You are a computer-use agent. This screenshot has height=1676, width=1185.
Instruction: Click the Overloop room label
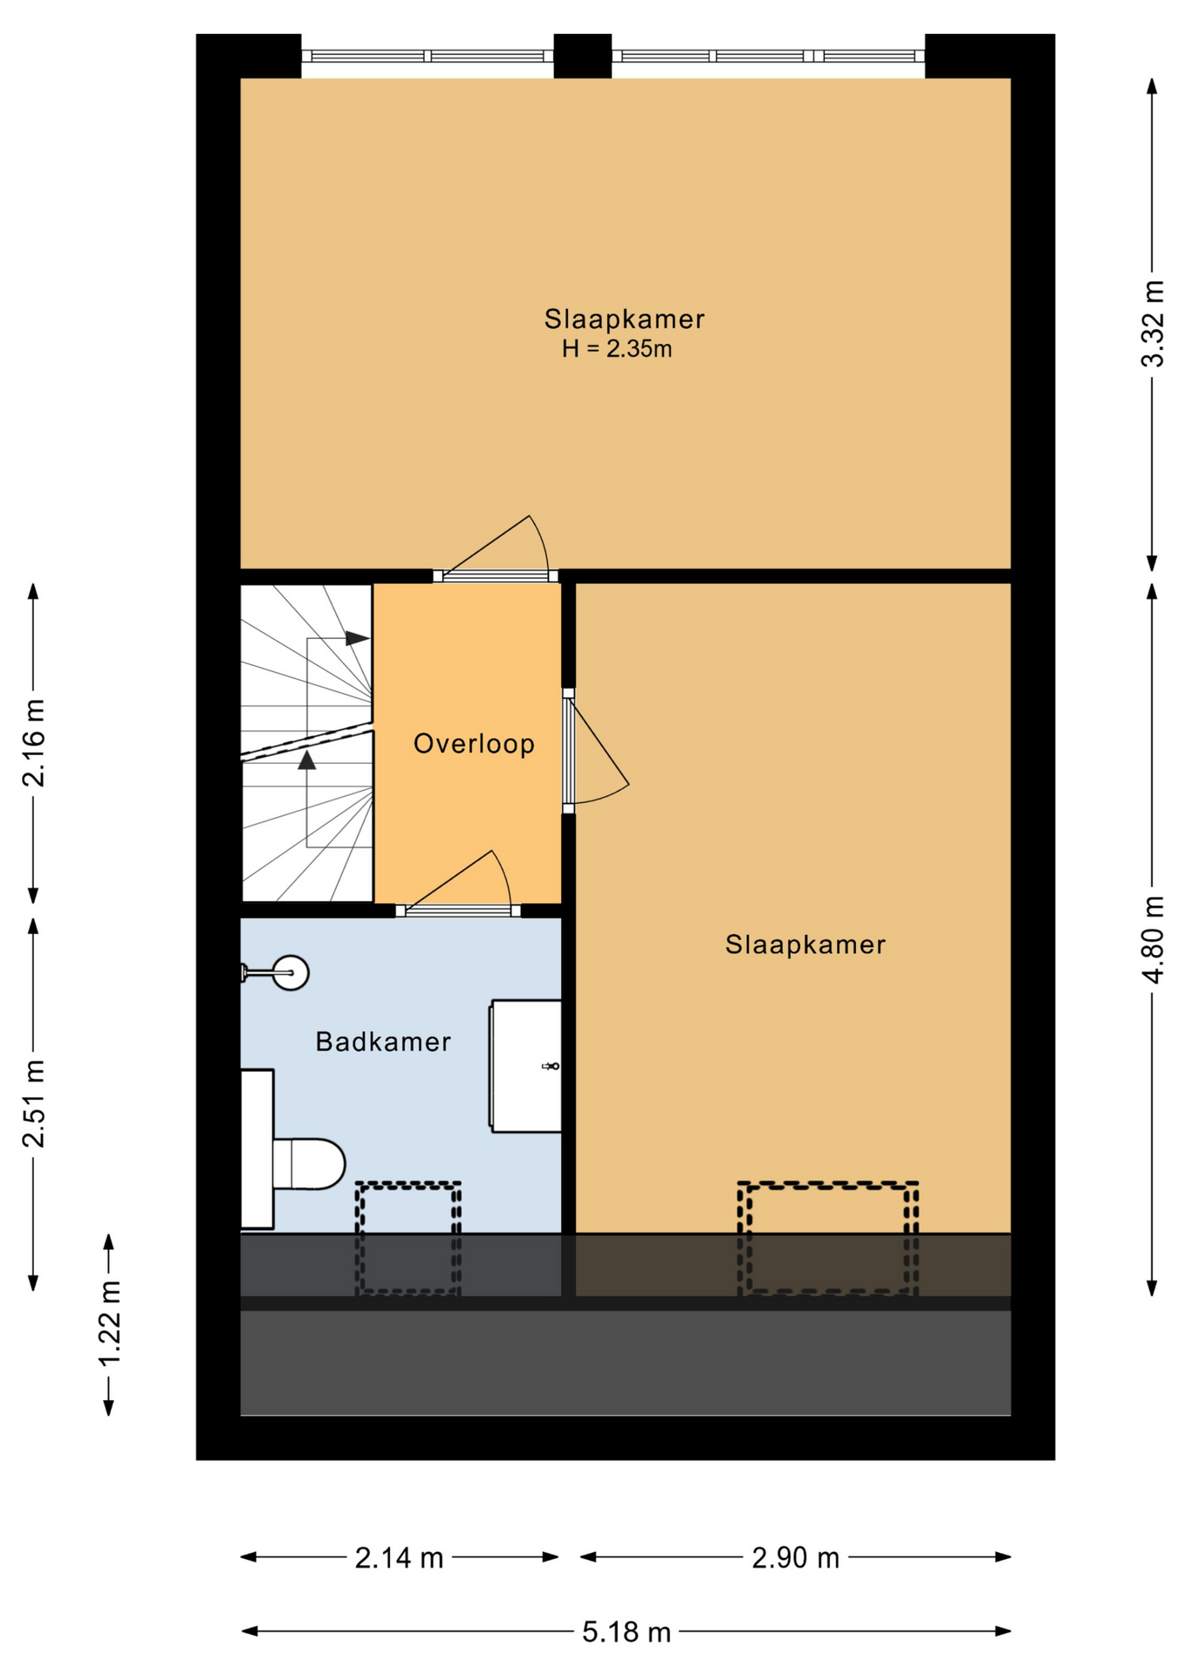click(x=474, y=744)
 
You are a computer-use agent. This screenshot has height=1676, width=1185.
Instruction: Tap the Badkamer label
click(x=383, y=1041)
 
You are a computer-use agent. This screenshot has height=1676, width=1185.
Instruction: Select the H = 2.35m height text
click(x=617, y=349)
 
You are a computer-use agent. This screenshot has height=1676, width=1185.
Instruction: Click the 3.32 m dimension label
click(x=1153, y=323)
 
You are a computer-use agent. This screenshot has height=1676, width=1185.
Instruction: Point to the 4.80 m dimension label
click(x=1153, y=939)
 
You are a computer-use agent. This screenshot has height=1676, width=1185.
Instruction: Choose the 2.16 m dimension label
click(x=33, y=743)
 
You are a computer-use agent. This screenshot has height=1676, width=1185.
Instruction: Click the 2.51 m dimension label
click(x=33, y=1103)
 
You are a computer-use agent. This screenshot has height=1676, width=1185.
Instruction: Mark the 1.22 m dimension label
click(x=108, y=1324)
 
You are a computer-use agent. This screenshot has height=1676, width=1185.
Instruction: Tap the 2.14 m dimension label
click(x=399, y=1557)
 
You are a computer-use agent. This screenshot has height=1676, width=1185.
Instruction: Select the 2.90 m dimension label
click(x=795, y=1557)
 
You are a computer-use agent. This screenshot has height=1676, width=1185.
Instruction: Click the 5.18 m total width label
click(x=627, y=1631)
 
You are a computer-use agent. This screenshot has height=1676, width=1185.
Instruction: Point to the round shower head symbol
click(x=291, y=972)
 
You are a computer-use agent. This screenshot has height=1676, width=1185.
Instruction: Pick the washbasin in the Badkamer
click(x=525, y=1066)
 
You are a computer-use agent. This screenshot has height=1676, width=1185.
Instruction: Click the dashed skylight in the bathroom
click(x=408, y=1238)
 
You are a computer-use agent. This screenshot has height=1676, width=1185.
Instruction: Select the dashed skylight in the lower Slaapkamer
click(x=827, y=1238)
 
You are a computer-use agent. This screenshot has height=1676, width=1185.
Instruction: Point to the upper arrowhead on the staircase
click(x=357, y=638)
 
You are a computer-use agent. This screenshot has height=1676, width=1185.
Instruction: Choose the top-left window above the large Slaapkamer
click(x=428, y=56)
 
